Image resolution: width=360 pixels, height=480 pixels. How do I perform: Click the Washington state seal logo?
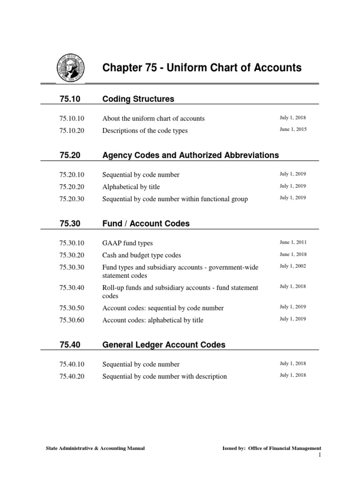pos(70,68)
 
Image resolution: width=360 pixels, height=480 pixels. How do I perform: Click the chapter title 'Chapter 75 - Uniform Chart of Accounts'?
pos(202,68)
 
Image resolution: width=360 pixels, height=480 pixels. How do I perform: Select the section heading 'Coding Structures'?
pos(138,99)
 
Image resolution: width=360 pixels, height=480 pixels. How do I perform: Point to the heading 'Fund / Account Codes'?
pos(146,224)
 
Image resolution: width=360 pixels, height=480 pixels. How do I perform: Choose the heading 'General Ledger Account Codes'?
pos(164,345)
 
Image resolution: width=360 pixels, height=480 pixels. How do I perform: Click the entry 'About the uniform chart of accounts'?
pos(153,119)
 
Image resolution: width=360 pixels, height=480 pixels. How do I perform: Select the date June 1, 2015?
pos(293,129)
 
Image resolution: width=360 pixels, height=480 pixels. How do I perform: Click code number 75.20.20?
pos(72,187)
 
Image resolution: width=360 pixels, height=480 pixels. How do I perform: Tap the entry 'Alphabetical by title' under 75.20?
pos(131,187)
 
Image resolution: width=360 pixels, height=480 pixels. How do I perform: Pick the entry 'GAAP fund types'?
pos(127,243)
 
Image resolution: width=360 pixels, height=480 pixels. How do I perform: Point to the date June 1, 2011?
pos(293,242)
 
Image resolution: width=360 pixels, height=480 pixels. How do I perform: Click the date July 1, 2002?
pos(293,266)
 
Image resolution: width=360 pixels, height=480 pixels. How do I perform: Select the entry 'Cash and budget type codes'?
pos(142,255)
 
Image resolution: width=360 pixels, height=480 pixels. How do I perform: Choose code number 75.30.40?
pos(72,288)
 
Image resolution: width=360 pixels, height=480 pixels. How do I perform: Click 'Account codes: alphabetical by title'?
pos(153,320)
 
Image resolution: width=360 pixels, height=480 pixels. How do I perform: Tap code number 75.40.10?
pos(72,364)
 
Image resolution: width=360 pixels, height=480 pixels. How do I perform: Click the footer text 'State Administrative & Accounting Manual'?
pos(95,449)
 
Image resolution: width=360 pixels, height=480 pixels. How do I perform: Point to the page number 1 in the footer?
pos(319,456)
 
